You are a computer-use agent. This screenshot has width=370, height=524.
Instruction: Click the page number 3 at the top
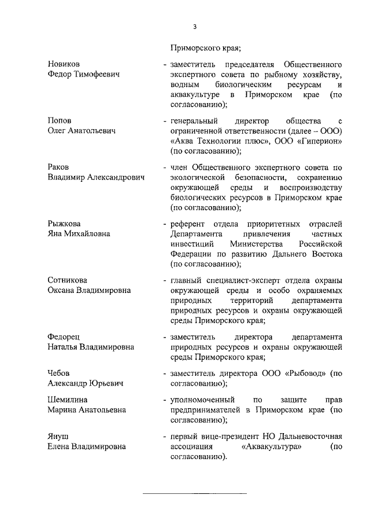195,27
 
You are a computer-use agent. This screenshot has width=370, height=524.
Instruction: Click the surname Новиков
64,64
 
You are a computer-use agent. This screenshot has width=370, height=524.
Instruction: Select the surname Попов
60,120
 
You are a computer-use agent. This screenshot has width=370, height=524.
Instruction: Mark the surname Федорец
64,336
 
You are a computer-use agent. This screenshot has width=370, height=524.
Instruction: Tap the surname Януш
58,436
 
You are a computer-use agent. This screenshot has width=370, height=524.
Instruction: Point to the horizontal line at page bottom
194,493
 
